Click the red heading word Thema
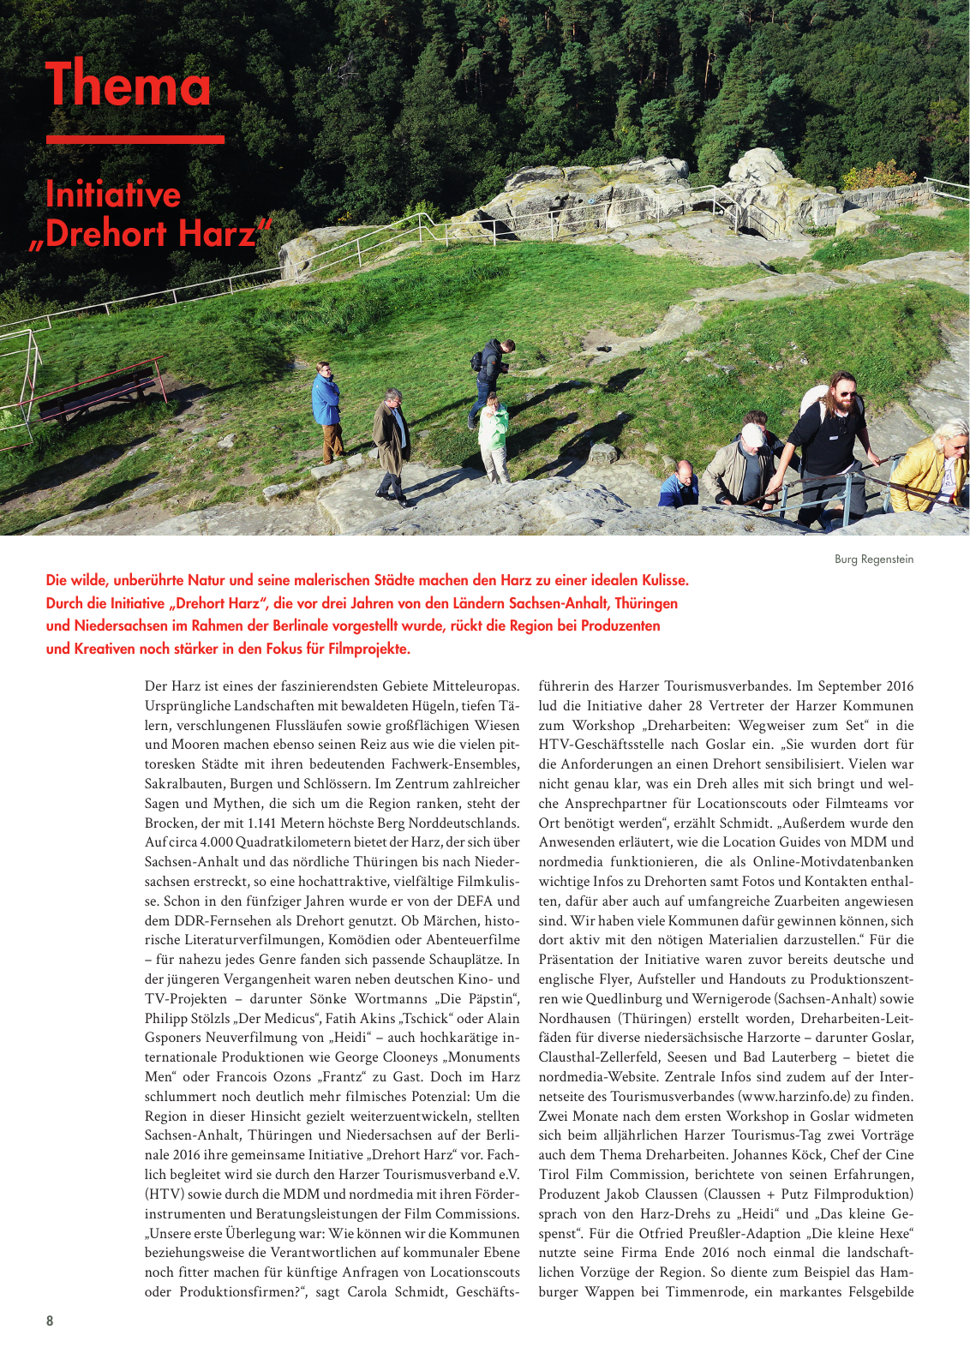pyautogui.click(x=129, y=84)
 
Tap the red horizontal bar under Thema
pyautogui.click(x=135, y=139)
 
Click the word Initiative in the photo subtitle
pyautogui.click(x=113, y=195)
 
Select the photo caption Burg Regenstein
pyautogui.click(x=873, y=560)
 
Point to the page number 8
pyautogui.click(x=50, y=1320)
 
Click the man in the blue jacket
pyautogui.click(x=326, y=408)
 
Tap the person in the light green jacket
pyautogui.click(x=494, y=434)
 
